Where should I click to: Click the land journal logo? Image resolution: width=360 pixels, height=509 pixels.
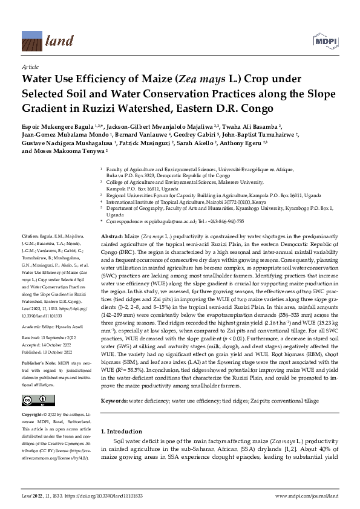43,41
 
